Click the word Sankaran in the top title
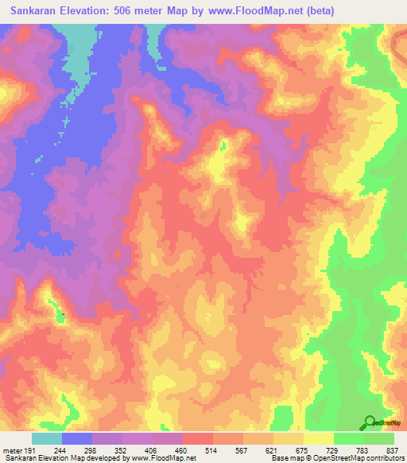pyautogui.click(x=35, y=11)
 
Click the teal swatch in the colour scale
pyautogui.click(x=46, y=438)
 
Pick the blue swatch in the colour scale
pyautogui.click(x=76, y=438)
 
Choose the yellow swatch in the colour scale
pyautogui.click(x=318, y=438)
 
